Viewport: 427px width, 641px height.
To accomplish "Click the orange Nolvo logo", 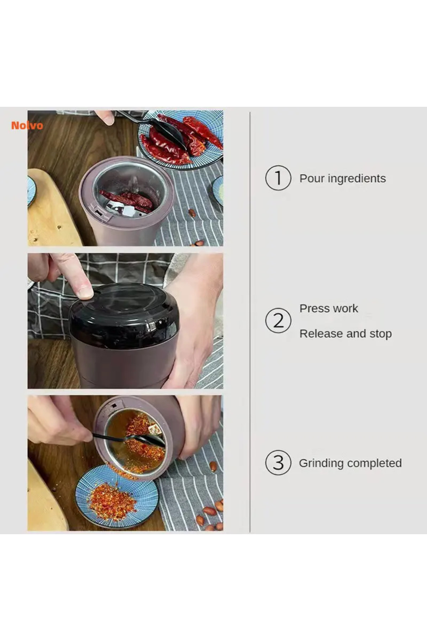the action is coord(27,125).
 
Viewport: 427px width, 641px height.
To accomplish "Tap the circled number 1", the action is coord(278,178).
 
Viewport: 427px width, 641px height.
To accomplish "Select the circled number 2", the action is coord(278,320).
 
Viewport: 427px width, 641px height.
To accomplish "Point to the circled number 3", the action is coord(278,463).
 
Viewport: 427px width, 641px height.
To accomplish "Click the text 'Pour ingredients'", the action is coord(343,178).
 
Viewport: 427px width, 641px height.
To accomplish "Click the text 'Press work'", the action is coord(329,308).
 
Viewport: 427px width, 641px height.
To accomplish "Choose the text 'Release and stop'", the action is coord(346,334).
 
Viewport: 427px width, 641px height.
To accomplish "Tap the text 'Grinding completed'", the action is coord(350,463).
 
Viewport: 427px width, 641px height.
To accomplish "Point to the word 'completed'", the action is coord(375,463).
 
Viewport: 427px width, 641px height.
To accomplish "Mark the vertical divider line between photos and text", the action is coord(250,322).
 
